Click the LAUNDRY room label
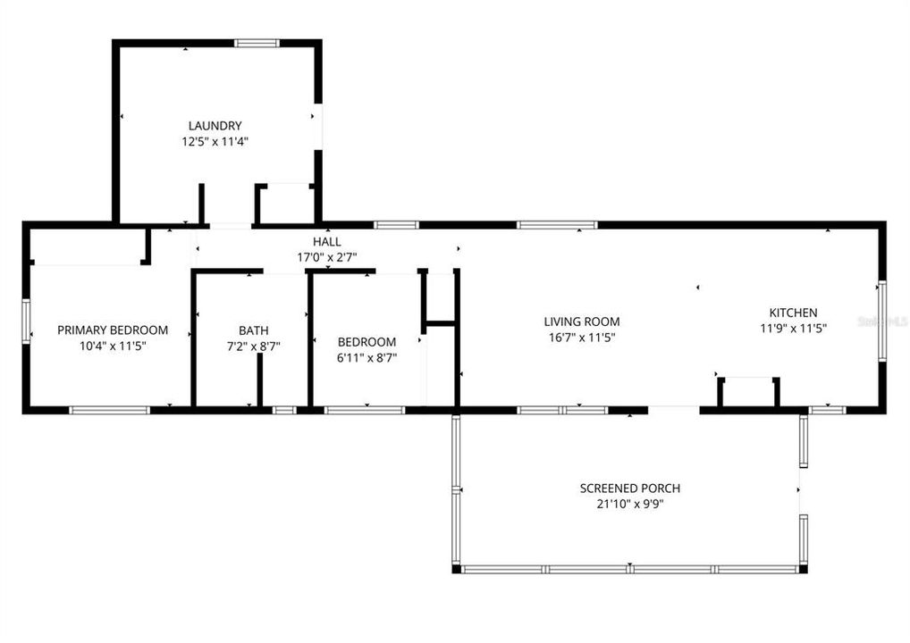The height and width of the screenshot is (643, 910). (215, 126)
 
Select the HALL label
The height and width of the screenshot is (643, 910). (326, 242)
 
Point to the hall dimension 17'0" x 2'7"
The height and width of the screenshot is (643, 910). (326, 257)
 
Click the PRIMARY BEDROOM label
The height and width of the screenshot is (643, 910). (113, 330)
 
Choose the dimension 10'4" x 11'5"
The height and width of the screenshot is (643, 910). (113, 345)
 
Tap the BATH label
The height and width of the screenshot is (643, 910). (253, 330)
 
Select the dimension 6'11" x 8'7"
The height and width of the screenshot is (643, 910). (367, 357)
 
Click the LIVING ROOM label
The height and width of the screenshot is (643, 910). (582, 321)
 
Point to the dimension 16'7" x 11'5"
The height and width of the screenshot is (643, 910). (582, 337)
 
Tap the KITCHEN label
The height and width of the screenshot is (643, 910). (793, 313)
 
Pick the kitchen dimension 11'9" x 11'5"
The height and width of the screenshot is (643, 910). (793, 328)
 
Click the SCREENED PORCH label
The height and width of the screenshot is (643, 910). (630, 489)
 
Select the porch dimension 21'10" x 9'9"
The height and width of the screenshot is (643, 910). (630, 504)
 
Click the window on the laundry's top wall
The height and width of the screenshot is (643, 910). (257, 42)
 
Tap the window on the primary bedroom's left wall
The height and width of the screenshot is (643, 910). (27, 321)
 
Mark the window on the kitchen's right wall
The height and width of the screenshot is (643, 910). (881, 321)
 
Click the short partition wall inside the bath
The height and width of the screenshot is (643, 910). (259, 380)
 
